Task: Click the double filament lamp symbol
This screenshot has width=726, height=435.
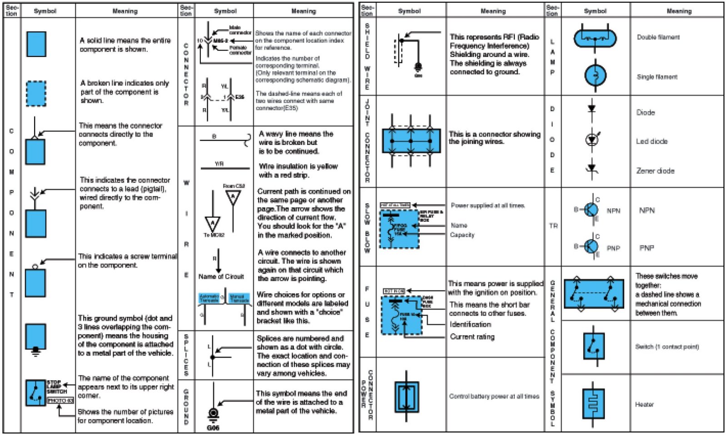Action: [595, 38]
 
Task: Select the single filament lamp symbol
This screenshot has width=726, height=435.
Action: [595, 75]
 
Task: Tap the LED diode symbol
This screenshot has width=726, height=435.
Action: [592, 140]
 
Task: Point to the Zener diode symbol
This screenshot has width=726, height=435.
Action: [592, 169]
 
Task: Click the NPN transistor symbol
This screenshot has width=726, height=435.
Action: [591, 210]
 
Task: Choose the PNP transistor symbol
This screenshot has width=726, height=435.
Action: [591, 246]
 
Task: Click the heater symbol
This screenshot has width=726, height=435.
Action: [593, 403]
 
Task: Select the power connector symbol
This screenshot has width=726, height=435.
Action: [407, 397]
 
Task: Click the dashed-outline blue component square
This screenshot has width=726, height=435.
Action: [36, 94]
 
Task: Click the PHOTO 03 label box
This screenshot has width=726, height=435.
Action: [60, 400]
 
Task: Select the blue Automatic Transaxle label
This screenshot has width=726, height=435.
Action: [209, 299]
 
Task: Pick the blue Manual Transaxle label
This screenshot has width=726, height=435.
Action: [239, 299]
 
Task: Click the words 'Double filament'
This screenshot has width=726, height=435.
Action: [658, 37]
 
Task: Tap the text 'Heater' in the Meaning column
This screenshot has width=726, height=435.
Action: [644, 404]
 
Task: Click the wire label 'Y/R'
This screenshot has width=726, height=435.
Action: [219, 164]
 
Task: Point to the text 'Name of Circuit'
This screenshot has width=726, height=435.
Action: [221, 276]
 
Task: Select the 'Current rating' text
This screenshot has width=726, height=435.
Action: [472, 337]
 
